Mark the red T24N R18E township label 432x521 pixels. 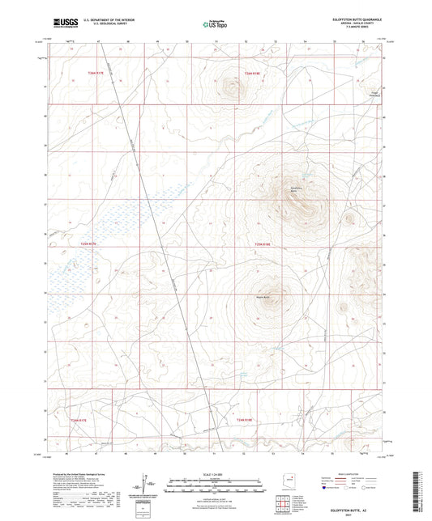253,73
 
